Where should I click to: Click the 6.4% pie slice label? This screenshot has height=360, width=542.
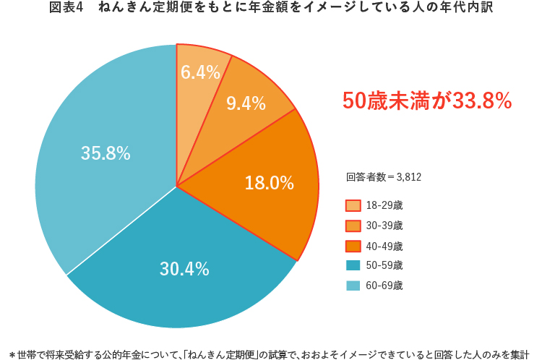(200, 72)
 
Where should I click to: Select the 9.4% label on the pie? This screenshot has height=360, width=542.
(246, 103)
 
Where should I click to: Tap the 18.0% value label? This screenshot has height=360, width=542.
(269, 184)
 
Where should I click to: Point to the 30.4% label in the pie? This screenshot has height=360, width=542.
(184, 270)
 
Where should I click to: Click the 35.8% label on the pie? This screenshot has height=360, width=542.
(106, 153)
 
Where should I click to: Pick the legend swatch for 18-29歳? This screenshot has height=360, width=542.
(353, 206)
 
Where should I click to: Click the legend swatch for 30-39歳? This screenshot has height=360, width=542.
(353, 226)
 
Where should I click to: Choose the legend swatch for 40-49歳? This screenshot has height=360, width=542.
(353, 246)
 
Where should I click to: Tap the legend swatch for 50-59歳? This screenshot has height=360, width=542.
(353, 265)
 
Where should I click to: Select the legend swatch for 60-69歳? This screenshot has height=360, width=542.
(353, 286)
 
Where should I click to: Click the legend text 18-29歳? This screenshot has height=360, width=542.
(384, 206)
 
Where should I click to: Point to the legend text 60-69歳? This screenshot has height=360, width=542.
(384, 286)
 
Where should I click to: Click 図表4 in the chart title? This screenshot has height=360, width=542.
(69, 9)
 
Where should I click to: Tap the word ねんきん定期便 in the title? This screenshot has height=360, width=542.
(140, 9)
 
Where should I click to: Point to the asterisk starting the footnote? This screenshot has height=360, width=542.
(12, 346)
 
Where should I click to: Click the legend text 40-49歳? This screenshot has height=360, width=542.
(384, 246)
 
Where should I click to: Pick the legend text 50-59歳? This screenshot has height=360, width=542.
(384, 265)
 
